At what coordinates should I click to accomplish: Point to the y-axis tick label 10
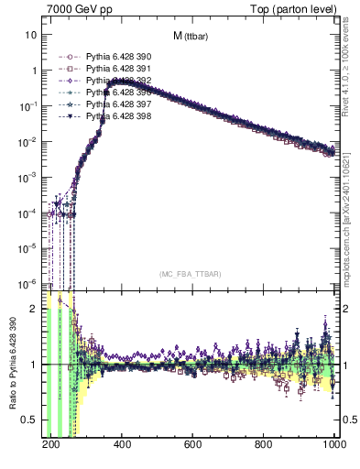click(31, 35)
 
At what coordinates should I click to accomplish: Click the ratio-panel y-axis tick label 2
click(34, 309)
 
